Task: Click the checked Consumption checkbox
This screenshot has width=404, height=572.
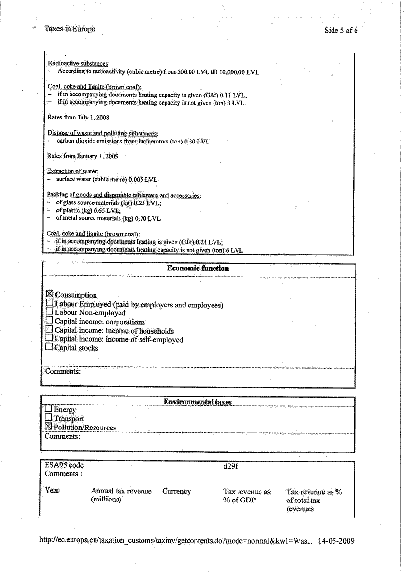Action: [49, 295]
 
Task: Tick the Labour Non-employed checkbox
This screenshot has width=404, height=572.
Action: [49, 312]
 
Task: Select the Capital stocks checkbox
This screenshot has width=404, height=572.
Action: [49, 348]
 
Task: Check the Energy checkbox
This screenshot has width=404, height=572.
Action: [48, 409]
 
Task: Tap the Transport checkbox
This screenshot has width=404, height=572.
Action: [48, 418]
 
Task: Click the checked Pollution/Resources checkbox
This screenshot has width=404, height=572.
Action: [48, 427]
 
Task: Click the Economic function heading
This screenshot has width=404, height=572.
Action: [198, 268]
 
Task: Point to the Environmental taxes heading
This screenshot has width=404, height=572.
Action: [197, 402]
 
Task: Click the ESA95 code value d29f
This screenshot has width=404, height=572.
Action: [230, 465]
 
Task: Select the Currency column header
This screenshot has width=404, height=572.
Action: [176, 491]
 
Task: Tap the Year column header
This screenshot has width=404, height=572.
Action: [52, 491]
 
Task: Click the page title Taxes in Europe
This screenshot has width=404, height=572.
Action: [70, 29]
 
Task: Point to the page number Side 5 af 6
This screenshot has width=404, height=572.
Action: [341, 30]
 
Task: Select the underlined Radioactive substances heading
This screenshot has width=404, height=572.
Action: [78, 64]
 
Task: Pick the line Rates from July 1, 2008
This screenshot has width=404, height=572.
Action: [78, 118]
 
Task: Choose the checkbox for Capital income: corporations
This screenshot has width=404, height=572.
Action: [49, 321]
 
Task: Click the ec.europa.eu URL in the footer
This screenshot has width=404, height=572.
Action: [176, 541]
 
